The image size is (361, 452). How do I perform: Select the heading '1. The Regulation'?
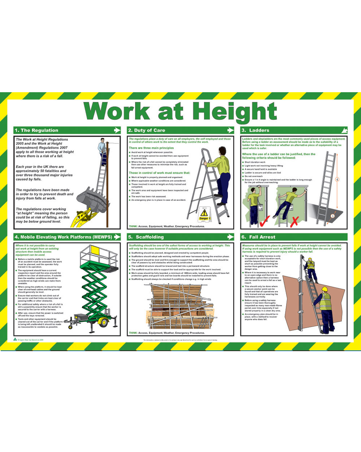(x=36, y=130)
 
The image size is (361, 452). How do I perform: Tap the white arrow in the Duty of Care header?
(x=230, y=130)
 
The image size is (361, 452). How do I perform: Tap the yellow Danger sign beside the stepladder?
(x=204, y=214)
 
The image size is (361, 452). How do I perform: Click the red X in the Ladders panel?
(x=294, y=221)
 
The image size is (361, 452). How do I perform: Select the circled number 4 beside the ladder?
(x=337, y=179)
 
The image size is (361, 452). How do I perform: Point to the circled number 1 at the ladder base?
(x=332, y=216)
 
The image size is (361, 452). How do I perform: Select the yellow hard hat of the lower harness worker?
(x=324, y=289)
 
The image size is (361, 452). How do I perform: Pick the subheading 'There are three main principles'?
(x=151, y=148)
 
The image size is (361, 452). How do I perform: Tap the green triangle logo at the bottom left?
(x=15, y=339)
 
